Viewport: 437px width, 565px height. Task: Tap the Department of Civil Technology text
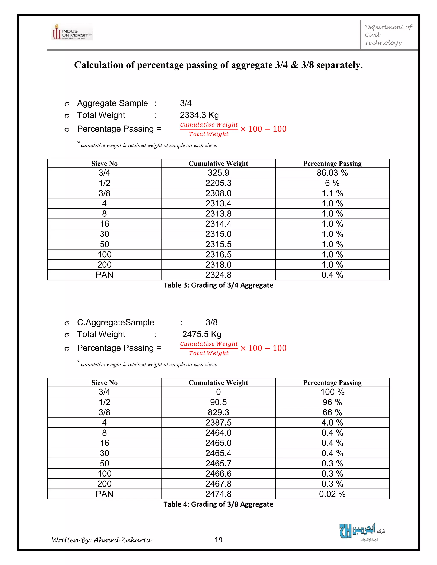pos(387,35)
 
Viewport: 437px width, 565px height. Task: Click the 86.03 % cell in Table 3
pos(332,173)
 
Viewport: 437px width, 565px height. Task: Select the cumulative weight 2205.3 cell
pos(218,183)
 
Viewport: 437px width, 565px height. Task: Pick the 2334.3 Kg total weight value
pos(199,115)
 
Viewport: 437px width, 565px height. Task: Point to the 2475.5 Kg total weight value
pos(202,334)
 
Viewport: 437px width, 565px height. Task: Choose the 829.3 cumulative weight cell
pos(218,412)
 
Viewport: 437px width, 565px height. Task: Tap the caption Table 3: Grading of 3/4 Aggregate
pos(218,285)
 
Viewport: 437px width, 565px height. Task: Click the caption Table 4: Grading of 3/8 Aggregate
pos(218,504)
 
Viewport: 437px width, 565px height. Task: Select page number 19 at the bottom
pos(218,540)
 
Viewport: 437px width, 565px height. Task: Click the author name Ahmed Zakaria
pos(123,540)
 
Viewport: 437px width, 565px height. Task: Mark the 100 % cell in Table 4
pos(332,392)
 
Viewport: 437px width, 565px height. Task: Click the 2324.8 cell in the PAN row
pos(218,275)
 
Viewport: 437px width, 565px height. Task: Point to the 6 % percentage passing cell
pos(332,183)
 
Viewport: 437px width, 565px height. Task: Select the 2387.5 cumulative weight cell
pos(218,422)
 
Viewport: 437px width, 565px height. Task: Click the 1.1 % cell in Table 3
pos(332,193)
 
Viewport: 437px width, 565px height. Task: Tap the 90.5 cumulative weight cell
pos(218,402)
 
